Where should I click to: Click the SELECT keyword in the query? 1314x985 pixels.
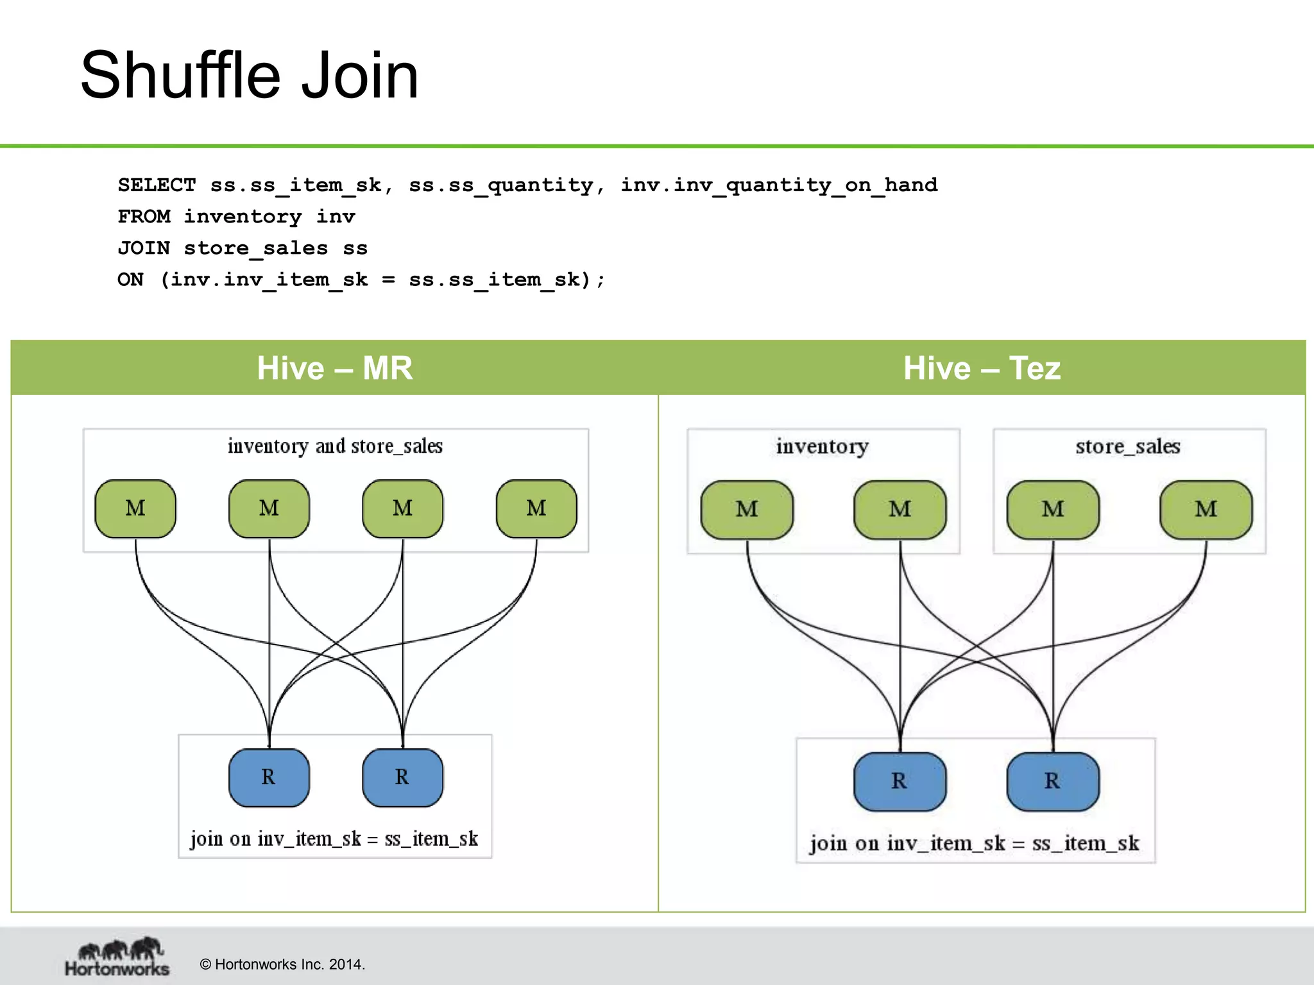click(157, 185)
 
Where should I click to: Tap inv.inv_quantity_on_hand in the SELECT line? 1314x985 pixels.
click(778, 185)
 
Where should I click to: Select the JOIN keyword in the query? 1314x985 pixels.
click(144, 248)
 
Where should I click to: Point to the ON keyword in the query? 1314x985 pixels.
click(130, 280)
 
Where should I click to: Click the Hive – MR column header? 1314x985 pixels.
click(334, 368)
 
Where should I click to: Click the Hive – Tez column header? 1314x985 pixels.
click(982, 368)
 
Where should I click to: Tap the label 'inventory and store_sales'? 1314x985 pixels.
click(335, 446)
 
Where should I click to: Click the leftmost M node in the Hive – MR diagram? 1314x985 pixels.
click(135, 509)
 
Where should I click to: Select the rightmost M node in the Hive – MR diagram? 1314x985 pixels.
click(536, 509)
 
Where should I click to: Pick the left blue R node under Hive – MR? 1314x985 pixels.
click(269, 777)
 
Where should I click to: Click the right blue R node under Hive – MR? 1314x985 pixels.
click(402, 777)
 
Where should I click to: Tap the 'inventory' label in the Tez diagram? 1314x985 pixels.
click(823, 446)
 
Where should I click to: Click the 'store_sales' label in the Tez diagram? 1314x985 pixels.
click(1128, 446)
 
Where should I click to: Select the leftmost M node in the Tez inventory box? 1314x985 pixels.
click(747, 510)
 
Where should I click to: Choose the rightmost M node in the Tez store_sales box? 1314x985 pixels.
click(1206, 510)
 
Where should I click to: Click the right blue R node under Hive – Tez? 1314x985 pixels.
click(1052, 781)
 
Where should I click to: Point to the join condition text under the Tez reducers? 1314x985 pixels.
click(974, 843)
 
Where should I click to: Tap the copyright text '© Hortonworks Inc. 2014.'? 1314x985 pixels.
click(282, 964)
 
